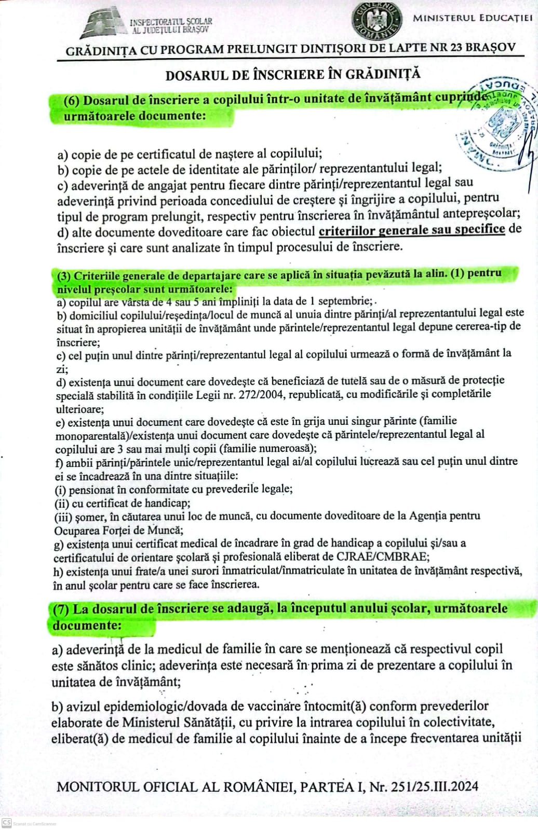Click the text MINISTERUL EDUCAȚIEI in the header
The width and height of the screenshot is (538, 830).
[473, 18]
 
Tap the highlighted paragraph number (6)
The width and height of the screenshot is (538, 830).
[71, 101]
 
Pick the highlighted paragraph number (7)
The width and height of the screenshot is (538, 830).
[61, 610]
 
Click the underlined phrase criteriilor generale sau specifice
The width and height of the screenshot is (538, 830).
[412, 229]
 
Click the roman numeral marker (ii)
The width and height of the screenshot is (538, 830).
[62, 503]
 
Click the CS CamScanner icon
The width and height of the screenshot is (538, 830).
[7, 823]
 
